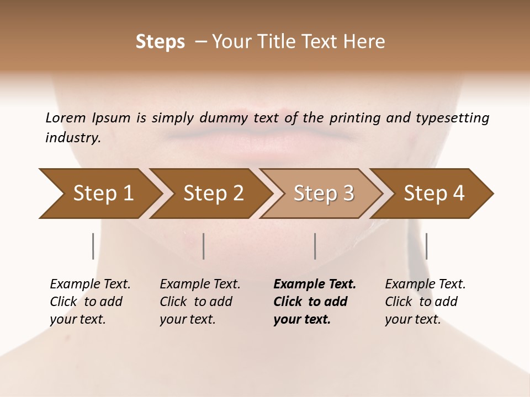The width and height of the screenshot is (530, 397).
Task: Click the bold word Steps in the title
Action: pos(160,42)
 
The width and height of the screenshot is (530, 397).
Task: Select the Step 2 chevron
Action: pos(213,194)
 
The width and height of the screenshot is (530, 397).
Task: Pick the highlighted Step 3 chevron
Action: pos(324,194)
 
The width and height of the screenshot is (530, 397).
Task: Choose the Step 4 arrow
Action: pos(434,194)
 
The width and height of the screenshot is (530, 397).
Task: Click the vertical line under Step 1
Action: pos(93,246)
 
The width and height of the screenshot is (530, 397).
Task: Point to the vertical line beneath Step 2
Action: pos(204,246)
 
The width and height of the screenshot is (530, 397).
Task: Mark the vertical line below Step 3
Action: pos(315,246)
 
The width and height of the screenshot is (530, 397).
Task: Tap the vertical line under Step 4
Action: pos(426,246)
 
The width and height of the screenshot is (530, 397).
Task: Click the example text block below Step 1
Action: pos(90,302)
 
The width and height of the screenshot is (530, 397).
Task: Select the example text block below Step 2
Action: pos(200,302)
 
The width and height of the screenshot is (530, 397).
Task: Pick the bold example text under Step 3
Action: pos(315,302)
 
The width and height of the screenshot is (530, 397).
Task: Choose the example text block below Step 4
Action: pos(425,302)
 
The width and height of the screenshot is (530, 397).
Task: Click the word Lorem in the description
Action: pos(66,118)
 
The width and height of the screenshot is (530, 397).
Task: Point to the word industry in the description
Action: pos(72,138)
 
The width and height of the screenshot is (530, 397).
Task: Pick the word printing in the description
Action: pos(354,118)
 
